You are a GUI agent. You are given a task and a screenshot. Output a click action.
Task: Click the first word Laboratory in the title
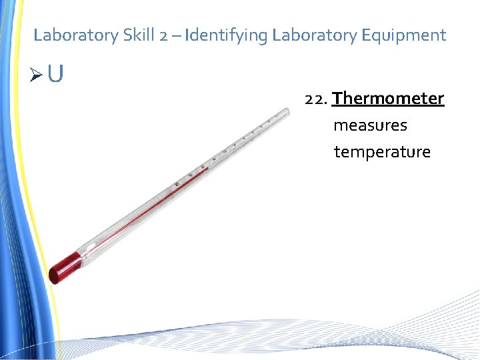(x=75, y=35)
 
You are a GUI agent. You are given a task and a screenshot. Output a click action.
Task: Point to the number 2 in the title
(x=164, y=35)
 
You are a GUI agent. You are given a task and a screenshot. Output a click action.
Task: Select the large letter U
(x=56, y=74)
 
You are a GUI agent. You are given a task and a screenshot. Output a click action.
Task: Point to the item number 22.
(x=315, y=99)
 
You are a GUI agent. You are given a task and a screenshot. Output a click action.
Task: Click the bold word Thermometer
(x=388, y=99)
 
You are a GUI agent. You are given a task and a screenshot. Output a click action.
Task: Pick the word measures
(x=370, y=125)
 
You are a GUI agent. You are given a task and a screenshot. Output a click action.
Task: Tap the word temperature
(x=382, y=152)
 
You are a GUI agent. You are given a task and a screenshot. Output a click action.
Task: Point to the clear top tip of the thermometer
(x=286, y=114)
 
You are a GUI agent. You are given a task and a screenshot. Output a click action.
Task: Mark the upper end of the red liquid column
(x=207, y=168)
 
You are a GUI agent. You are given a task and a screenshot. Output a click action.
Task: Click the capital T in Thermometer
(x=337, y=99)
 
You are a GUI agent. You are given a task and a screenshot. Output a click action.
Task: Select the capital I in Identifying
(x=187, y=35)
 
